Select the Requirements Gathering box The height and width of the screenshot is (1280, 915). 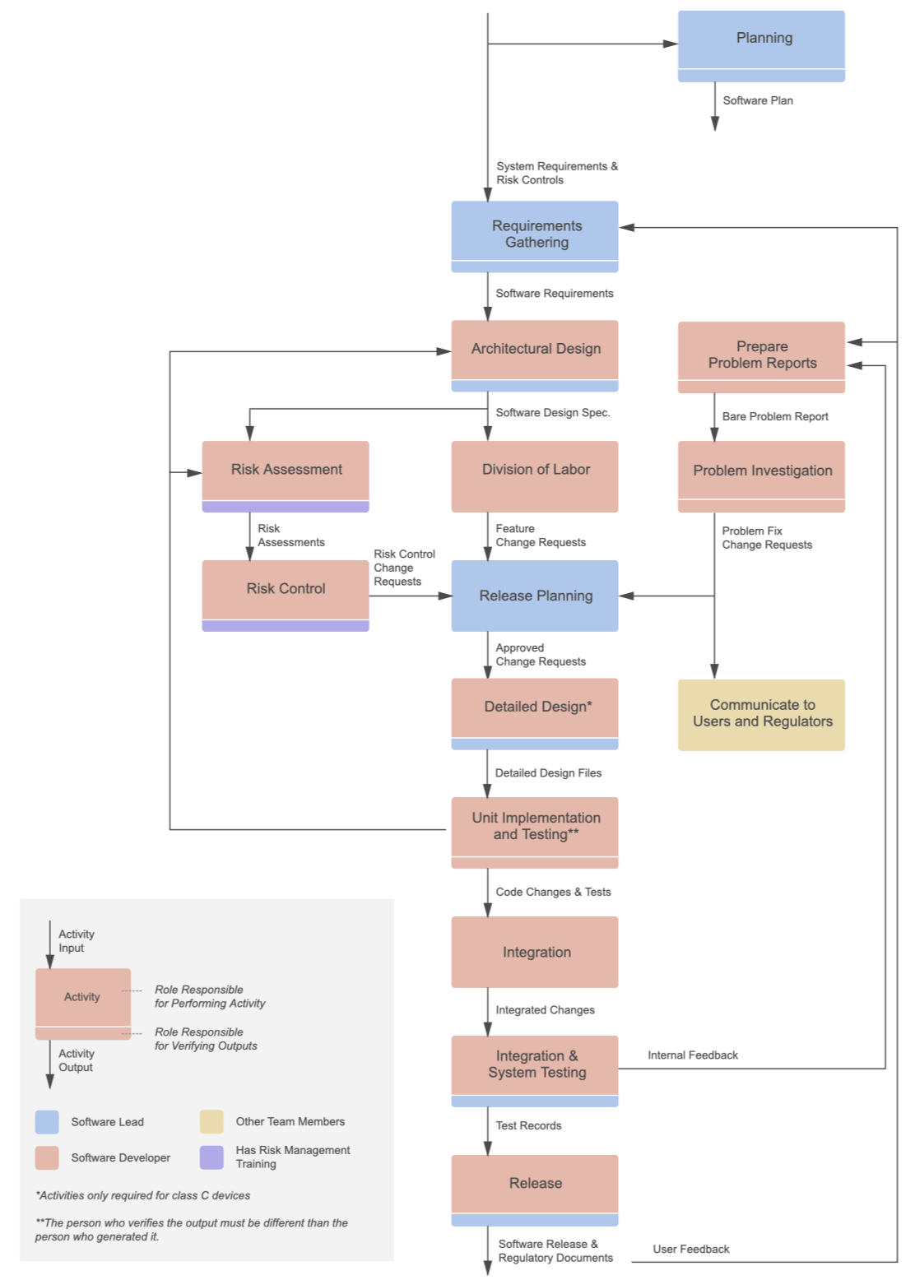coord(535,234)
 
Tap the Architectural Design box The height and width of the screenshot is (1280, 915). coord(535,350)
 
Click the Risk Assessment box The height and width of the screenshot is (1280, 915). coord(286,470)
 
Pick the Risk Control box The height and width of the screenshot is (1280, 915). coord(286,589)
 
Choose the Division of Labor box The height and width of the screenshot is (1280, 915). coord(535,471)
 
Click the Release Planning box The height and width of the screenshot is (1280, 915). coord(535,596)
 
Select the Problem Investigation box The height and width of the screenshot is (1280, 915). coord(761,471)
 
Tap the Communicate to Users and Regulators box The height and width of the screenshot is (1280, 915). coord(761,714)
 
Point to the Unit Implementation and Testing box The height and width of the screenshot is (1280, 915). coord(535,827)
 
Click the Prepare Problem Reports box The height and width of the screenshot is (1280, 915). coord(761,355)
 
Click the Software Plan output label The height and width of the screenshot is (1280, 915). coord(758,100)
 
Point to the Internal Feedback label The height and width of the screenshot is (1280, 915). coord(693,1055)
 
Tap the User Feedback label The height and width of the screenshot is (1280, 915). coord(691,1249)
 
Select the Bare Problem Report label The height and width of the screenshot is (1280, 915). coord(775,417)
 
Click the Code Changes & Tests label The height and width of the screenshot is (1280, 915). coord(553,892)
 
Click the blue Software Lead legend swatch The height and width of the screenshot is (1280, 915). coord(47,1122)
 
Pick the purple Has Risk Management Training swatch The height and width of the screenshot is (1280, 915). coord(211,1157)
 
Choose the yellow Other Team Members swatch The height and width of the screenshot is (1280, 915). coord(211,1122)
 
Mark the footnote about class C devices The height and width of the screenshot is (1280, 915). coord(143,1195)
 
